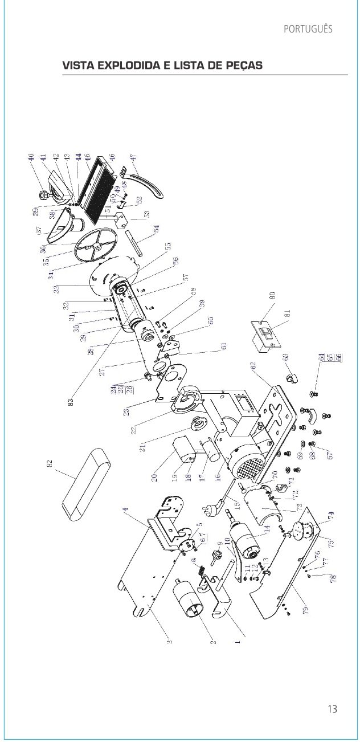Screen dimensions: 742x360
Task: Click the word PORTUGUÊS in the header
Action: click(308, 29)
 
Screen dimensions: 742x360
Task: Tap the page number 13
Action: click(332, 708)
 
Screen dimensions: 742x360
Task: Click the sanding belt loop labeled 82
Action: click(86, 484)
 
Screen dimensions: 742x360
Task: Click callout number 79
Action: click(306, 610)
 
